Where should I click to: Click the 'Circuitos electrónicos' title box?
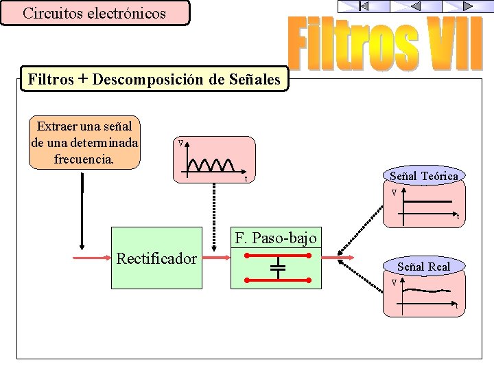pyautogui.click(x=94, y=13)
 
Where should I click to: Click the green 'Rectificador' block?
pyautogui.click(x=157, y=258)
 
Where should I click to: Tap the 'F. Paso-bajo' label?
pyautogui.click(x=276, y=238)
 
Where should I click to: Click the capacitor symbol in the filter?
pyautogui.click(x=277, y=267)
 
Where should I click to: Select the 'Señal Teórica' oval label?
pyautogui.click(x=423, y=176)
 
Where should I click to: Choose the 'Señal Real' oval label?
pyautogui.click(x=423, y=266)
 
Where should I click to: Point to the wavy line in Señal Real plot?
pyautogui.click(x=430, y=291)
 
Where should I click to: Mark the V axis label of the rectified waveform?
pyautogui.click(x=180, y=144)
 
